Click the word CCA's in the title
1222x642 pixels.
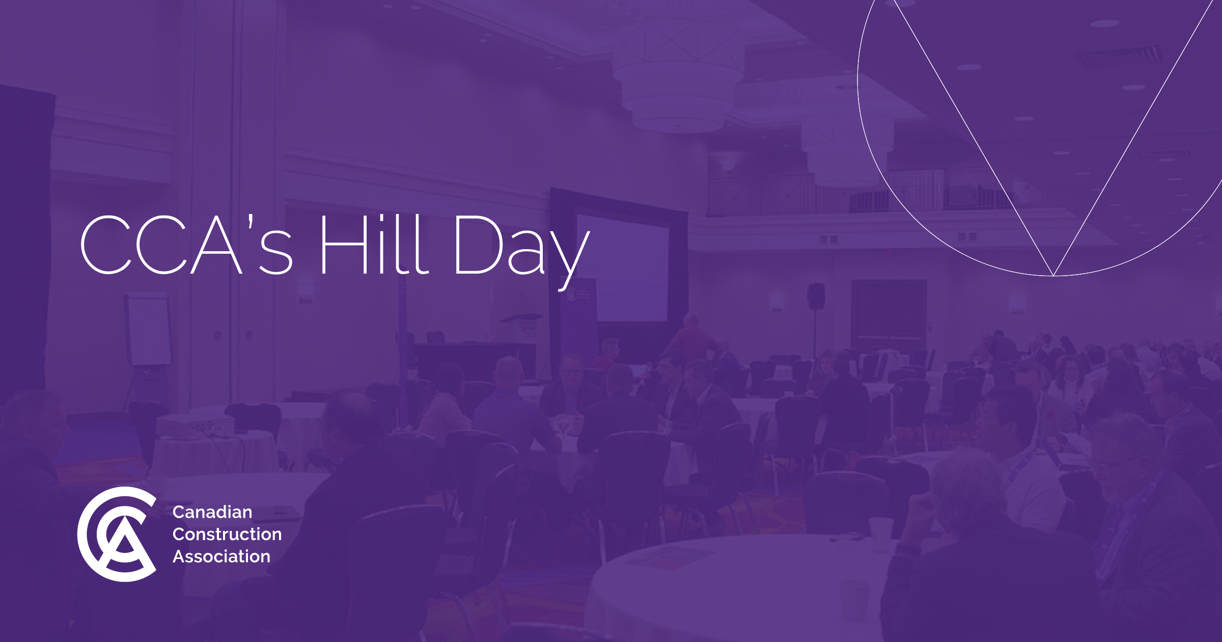point(186,245)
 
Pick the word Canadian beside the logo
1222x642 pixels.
point(212,512)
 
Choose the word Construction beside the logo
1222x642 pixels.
point(227,534)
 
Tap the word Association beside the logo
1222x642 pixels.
point(221,556)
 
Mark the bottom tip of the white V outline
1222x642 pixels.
point(1053,275)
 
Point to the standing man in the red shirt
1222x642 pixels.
point(692,339)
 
